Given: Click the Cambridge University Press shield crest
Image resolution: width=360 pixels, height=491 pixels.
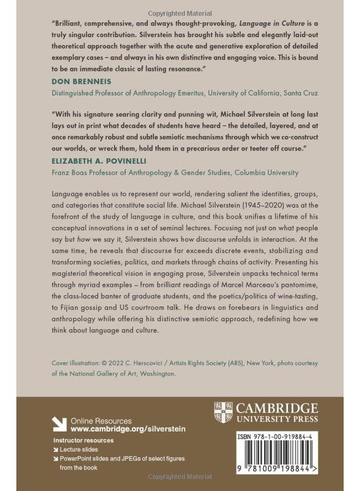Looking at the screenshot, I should point(223,413).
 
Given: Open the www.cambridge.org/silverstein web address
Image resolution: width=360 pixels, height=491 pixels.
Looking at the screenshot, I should point(128,429).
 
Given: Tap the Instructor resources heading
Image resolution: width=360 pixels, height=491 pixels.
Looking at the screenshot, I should point(83,440).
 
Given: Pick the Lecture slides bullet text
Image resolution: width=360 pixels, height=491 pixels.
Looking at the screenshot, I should point(79,450).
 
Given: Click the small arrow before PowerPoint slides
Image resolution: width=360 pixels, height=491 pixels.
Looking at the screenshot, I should point(56,459).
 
